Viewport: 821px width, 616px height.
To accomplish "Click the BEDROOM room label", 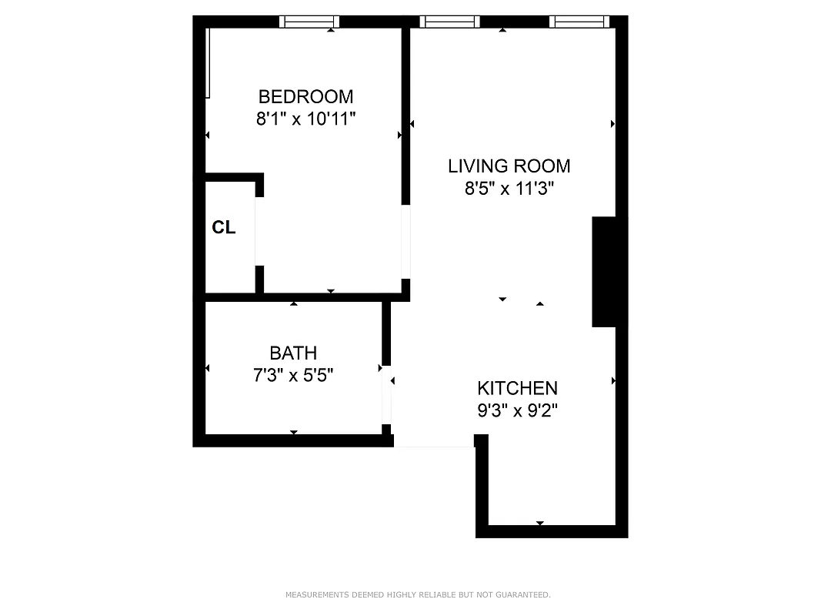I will click(305, 97).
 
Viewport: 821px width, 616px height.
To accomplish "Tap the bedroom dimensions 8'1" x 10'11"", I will click(305, 119).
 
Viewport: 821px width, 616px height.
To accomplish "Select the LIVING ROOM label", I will click(509, 166).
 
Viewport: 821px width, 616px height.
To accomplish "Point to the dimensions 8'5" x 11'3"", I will click(509, 189).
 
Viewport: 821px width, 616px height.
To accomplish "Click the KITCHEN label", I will click(517, 388).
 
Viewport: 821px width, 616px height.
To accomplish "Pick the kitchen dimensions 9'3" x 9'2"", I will click(517, 410).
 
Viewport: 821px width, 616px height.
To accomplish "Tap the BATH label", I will click(293, 353).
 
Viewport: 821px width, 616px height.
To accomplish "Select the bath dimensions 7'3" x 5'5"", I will click(293, 376).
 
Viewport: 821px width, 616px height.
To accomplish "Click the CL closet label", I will click(224, 228).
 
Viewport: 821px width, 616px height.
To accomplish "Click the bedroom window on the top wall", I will click(309, 22).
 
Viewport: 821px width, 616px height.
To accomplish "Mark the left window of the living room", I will click(449, 22).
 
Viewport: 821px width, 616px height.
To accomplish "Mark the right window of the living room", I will click(580, 22).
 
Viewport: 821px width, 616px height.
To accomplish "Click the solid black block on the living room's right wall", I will click(604, 271).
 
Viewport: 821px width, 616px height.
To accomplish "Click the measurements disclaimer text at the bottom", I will click(418, 594).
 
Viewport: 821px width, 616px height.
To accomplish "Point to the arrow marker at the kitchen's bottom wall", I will click(540, 524).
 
